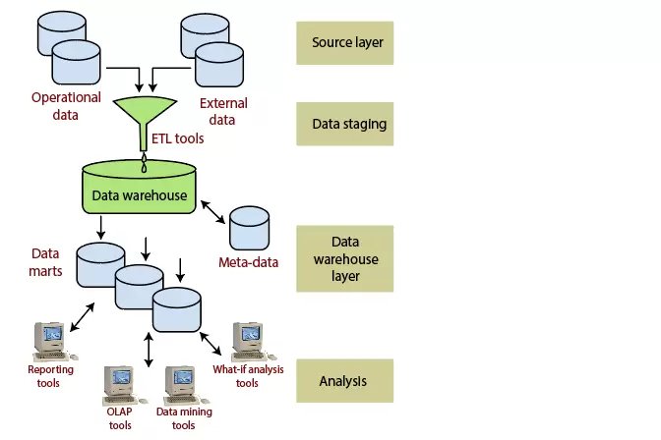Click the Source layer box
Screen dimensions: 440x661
click(x=345, y=43)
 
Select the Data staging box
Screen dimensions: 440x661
click(x=345, y=125)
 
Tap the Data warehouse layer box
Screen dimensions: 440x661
click(x=345, y=258)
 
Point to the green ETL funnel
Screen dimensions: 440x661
click(x=145, y=113)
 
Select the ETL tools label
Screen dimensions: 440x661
click(x=178, y=138)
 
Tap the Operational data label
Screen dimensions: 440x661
click(x=66, y=106)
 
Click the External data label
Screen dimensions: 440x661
click(x=223, y=111)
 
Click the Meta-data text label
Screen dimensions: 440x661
click(x=248, y=262)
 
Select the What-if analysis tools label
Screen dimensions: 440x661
click(x=247, y=376)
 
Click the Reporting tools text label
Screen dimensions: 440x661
click(x=42, y=376)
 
